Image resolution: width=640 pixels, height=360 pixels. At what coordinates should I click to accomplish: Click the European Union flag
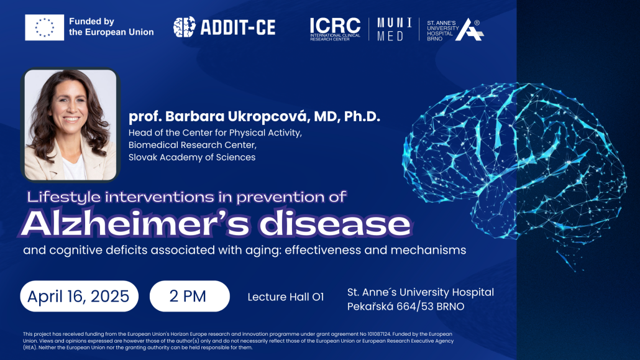click(44, 27)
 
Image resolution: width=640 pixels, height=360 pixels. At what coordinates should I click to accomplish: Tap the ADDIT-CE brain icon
click(184, 27)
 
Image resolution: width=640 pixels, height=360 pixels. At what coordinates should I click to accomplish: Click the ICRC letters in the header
click(335, 25)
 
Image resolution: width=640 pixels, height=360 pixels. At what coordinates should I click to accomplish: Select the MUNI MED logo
click(395, 29)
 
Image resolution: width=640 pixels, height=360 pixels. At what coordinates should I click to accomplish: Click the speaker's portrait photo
click(70, 124)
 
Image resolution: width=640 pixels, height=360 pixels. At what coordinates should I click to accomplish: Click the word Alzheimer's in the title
click(138, 223)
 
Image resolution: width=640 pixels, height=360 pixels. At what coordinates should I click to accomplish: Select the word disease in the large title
click(335, 223)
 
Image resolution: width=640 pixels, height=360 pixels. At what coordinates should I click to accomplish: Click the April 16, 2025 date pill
click(79, 296)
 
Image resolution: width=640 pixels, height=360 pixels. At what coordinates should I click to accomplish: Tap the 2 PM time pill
click(190, 296)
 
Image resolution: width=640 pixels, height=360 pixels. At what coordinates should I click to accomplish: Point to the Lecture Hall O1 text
click(286, 297)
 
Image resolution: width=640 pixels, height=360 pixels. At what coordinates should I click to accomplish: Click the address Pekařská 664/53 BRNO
click(406, 307)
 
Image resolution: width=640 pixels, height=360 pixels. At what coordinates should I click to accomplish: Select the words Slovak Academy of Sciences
click(192, 157)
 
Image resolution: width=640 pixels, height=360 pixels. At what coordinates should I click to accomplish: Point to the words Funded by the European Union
click(111, 27)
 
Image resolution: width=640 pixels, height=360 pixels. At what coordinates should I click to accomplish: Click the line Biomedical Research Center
click(193, 145)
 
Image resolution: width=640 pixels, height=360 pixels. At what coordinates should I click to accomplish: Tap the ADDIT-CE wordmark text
click(238, 27)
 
